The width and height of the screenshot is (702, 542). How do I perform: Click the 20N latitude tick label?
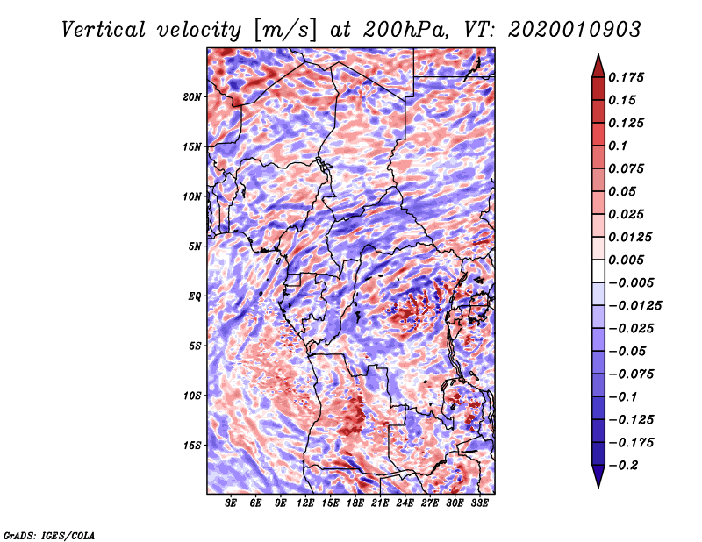click(x=191, y=97)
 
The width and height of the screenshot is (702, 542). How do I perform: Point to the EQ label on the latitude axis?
click(x=195, y=296)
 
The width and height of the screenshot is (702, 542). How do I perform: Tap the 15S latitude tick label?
click(x=191, y=446)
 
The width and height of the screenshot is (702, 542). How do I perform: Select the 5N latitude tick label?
click(x=194, y=246)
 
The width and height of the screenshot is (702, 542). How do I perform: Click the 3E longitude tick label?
click(x=231, y=503)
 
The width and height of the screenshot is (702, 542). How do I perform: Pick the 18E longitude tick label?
click(x=355, y=503)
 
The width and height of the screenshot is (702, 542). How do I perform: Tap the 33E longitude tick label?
click(x=479, y=503)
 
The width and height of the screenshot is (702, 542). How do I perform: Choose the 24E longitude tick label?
click(x=405, y=503)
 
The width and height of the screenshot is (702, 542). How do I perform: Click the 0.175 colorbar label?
click(x=626, y=77)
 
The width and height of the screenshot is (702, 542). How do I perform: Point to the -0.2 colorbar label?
click(x=623, y=466)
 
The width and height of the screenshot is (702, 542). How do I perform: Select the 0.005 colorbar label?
click(x=626, y=260)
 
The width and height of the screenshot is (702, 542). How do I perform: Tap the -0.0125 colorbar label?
click(x=634, y=306)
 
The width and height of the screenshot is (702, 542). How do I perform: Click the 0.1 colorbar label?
click(x=618, y=146)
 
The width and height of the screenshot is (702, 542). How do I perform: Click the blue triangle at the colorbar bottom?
click(x=598, y=476)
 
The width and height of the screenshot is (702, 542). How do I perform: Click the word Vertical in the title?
click(x=104, y=30)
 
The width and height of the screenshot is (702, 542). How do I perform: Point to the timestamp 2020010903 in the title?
click(x=575, y=30)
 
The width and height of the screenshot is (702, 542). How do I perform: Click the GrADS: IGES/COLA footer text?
click(x=49, y=536)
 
